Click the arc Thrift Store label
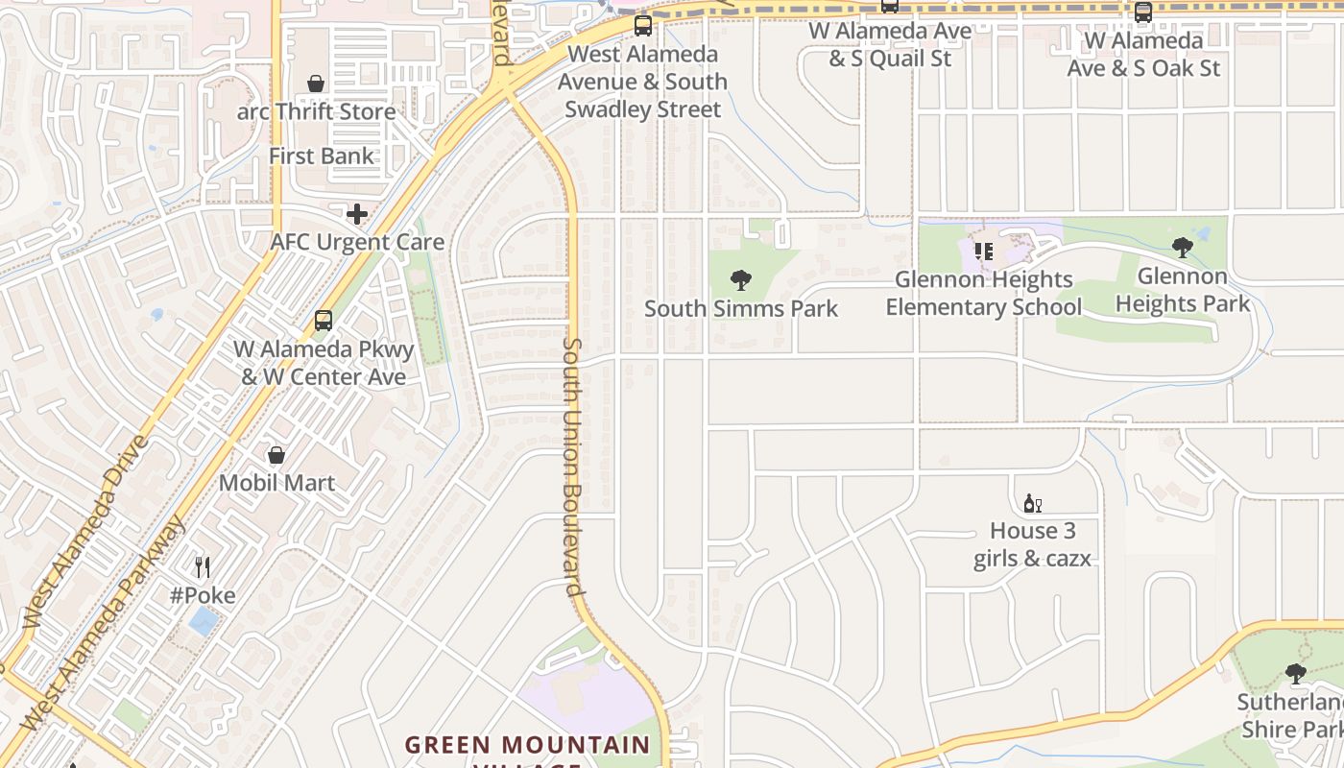[x=317, y=111]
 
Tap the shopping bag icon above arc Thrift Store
[x=316, y=84]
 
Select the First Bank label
[x=322, y=156]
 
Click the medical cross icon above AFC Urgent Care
[x=357, y=213]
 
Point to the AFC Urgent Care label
[x=357, y=242]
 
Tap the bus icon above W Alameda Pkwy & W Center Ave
[x=324, y=321]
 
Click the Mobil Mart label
[x=276, y=482]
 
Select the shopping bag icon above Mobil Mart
[x=276, y=455]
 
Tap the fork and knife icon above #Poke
[x=202, y=567]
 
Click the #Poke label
[x=203, y=595]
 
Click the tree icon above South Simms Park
[x=740, y=280]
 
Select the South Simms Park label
[x=740, y=308]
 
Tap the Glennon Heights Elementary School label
[x=983, y=293]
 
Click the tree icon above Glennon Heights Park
[x=1183, y=248]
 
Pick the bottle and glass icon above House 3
[x=1033, y=504]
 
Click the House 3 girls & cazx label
[x=1033, y=544]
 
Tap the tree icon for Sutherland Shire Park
[x=1296, y=674]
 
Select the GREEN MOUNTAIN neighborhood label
[x=527, y=745]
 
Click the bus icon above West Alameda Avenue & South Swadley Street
[x=642, y=26]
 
